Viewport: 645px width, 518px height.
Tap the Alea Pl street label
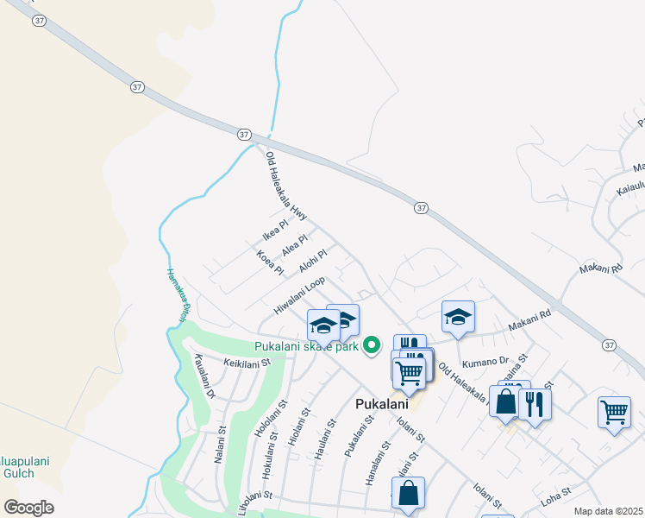pyautogui.click(x=295, y=246)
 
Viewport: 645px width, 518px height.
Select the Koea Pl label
pyautogui.click(x=270, y=262)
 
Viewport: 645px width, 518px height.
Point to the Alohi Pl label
pyautogui.click(x=313, y=262)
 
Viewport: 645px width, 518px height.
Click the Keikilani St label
pyautogui.click(x=247, y=363)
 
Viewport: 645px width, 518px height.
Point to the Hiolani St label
pyautogui.click(x=296, y=424)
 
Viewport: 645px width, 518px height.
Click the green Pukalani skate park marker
pyautogui.click(x=373, y=344)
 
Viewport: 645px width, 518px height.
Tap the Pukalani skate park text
pyautogui.click(x=305, y=347)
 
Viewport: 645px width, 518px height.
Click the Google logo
pyautogui.click(x=29, y=508)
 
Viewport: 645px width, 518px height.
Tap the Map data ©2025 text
pyautogui.click(x=607, y=511)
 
